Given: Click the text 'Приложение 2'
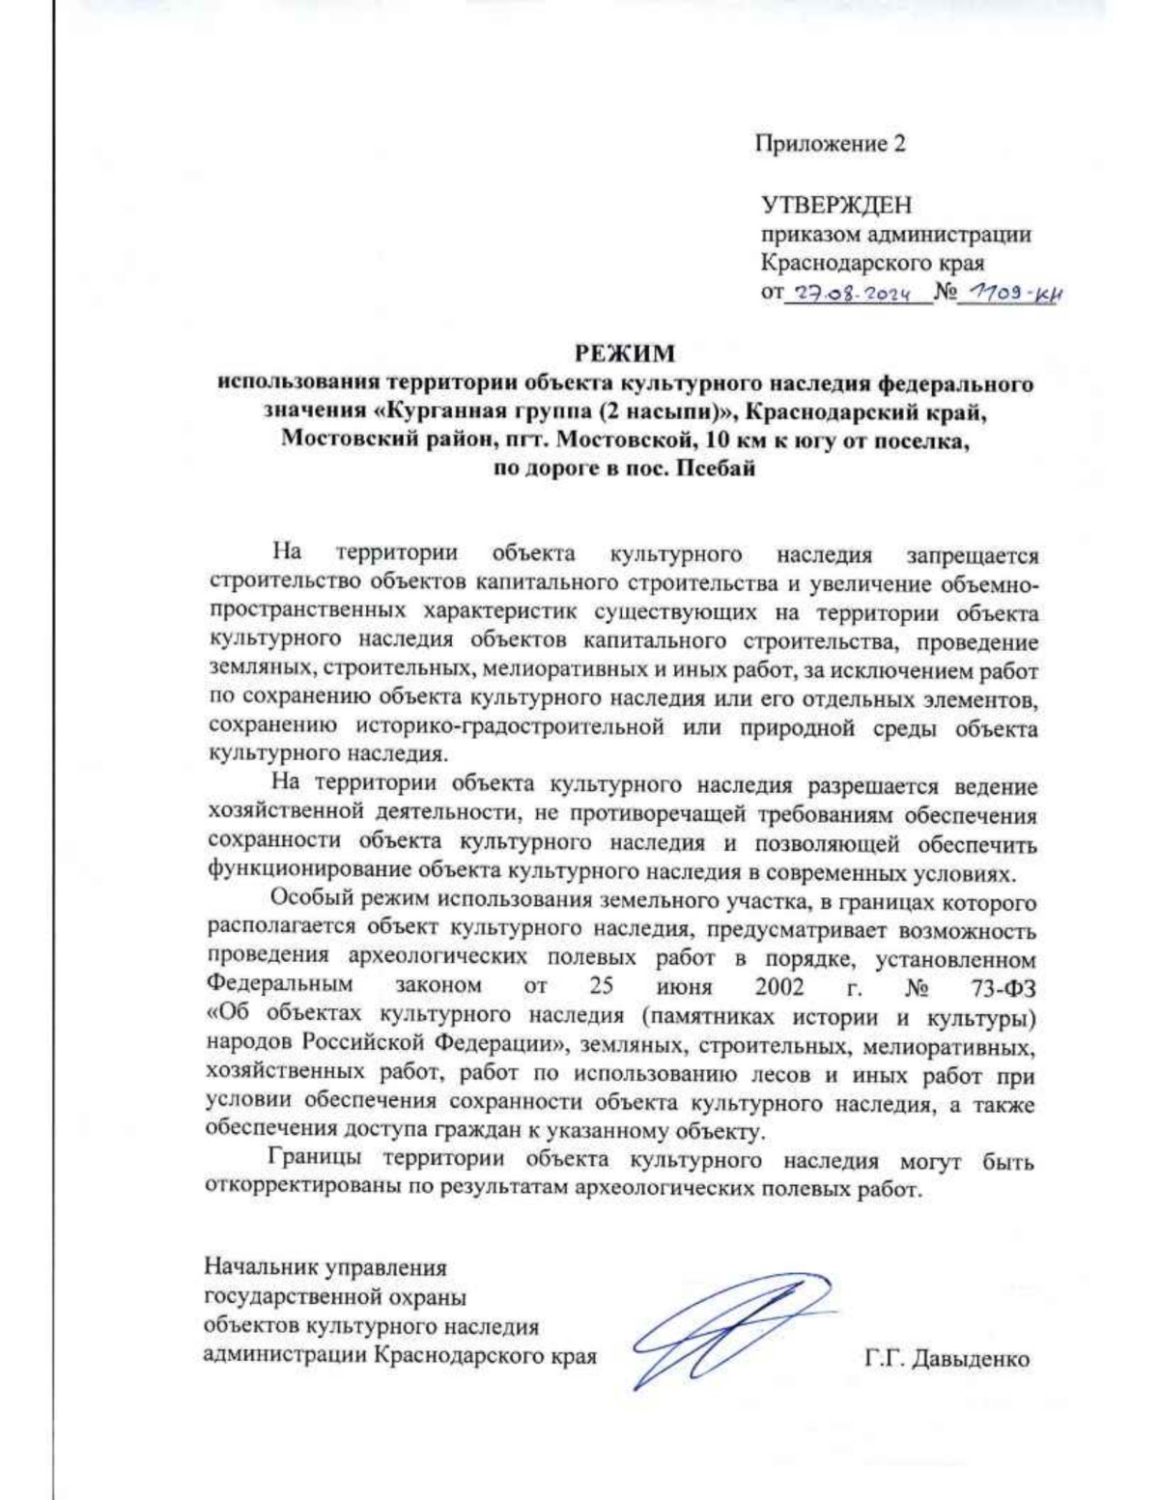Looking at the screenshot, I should coord(830,145).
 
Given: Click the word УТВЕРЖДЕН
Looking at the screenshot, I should coord(836,205).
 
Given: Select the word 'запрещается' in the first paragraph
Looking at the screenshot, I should coord(971,555).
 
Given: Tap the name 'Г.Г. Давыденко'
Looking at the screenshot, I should coord(947,1358).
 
